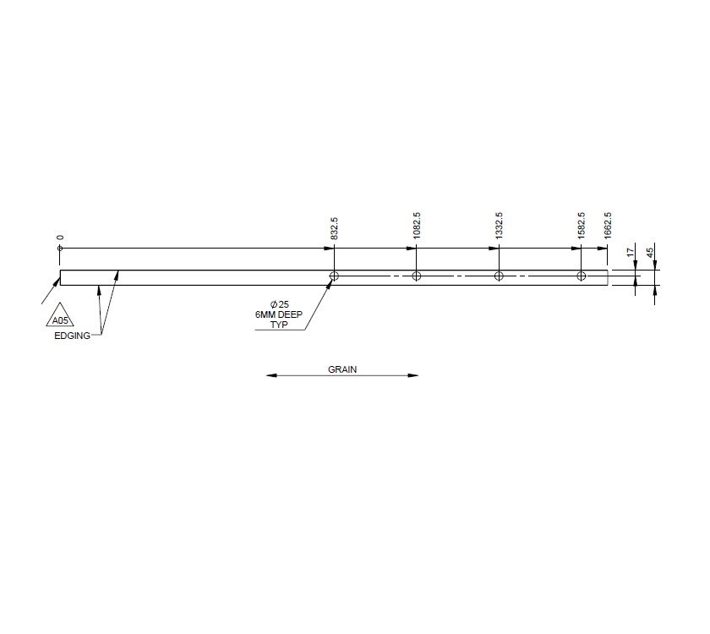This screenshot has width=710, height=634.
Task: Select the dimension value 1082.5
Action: click(417, 227)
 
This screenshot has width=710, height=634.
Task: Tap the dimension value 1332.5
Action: click(499, 227)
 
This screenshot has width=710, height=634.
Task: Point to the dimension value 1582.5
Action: click(581, 227)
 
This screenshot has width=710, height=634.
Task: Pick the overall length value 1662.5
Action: click(608, 227)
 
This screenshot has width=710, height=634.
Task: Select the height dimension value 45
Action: click(650, 252)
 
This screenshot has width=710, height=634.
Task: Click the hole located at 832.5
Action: click(335, 276)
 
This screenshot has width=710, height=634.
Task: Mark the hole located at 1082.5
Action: click(417, 276)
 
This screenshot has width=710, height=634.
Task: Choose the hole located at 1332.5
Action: click(499, 276)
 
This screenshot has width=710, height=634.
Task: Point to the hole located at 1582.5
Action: click(581, 276)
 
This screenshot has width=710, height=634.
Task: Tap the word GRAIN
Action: click(342, 369)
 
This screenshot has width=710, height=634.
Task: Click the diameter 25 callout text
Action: click(280, 303)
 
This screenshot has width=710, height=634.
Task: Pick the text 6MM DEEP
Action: click(278, 314)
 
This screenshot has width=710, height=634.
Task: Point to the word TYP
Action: click(279, 325)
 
